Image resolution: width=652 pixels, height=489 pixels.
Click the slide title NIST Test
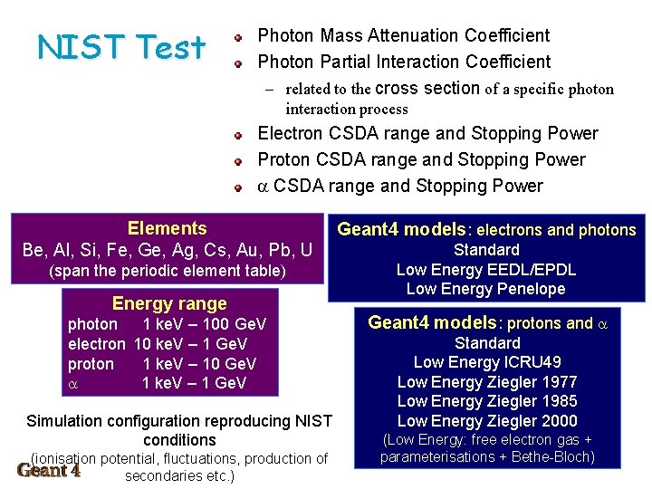click(121, 46)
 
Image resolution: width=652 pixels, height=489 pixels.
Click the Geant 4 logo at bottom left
click(49, 470)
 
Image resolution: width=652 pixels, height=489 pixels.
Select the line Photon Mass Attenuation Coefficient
click(404, 36)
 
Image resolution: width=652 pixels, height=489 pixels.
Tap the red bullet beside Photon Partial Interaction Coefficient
click(237, 63)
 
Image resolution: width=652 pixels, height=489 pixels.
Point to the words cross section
click(427, 89)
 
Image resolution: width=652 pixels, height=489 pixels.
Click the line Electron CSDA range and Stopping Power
click(427, 134)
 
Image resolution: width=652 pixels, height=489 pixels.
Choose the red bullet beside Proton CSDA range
click(237, 161)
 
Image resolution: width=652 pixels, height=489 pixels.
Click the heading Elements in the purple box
click(167, 229)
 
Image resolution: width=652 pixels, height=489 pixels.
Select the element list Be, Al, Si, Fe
click(167, 250)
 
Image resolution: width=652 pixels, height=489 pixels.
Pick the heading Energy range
click(169, 303)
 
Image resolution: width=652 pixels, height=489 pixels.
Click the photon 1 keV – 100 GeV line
click(168, 324)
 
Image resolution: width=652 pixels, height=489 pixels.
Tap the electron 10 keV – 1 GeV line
click(158, 344)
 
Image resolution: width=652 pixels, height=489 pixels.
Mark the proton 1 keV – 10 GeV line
click(162, 364)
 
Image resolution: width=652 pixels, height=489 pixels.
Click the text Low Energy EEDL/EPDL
click(486, 270)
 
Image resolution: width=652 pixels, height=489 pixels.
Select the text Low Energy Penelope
click(486, 290)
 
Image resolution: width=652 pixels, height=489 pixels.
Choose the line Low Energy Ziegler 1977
click(487, 382)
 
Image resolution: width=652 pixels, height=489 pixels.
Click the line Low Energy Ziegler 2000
click(487, 421)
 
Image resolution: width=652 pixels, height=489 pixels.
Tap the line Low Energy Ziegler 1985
click(487, 401)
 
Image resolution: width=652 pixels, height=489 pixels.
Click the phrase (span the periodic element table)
click(167, 271)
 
